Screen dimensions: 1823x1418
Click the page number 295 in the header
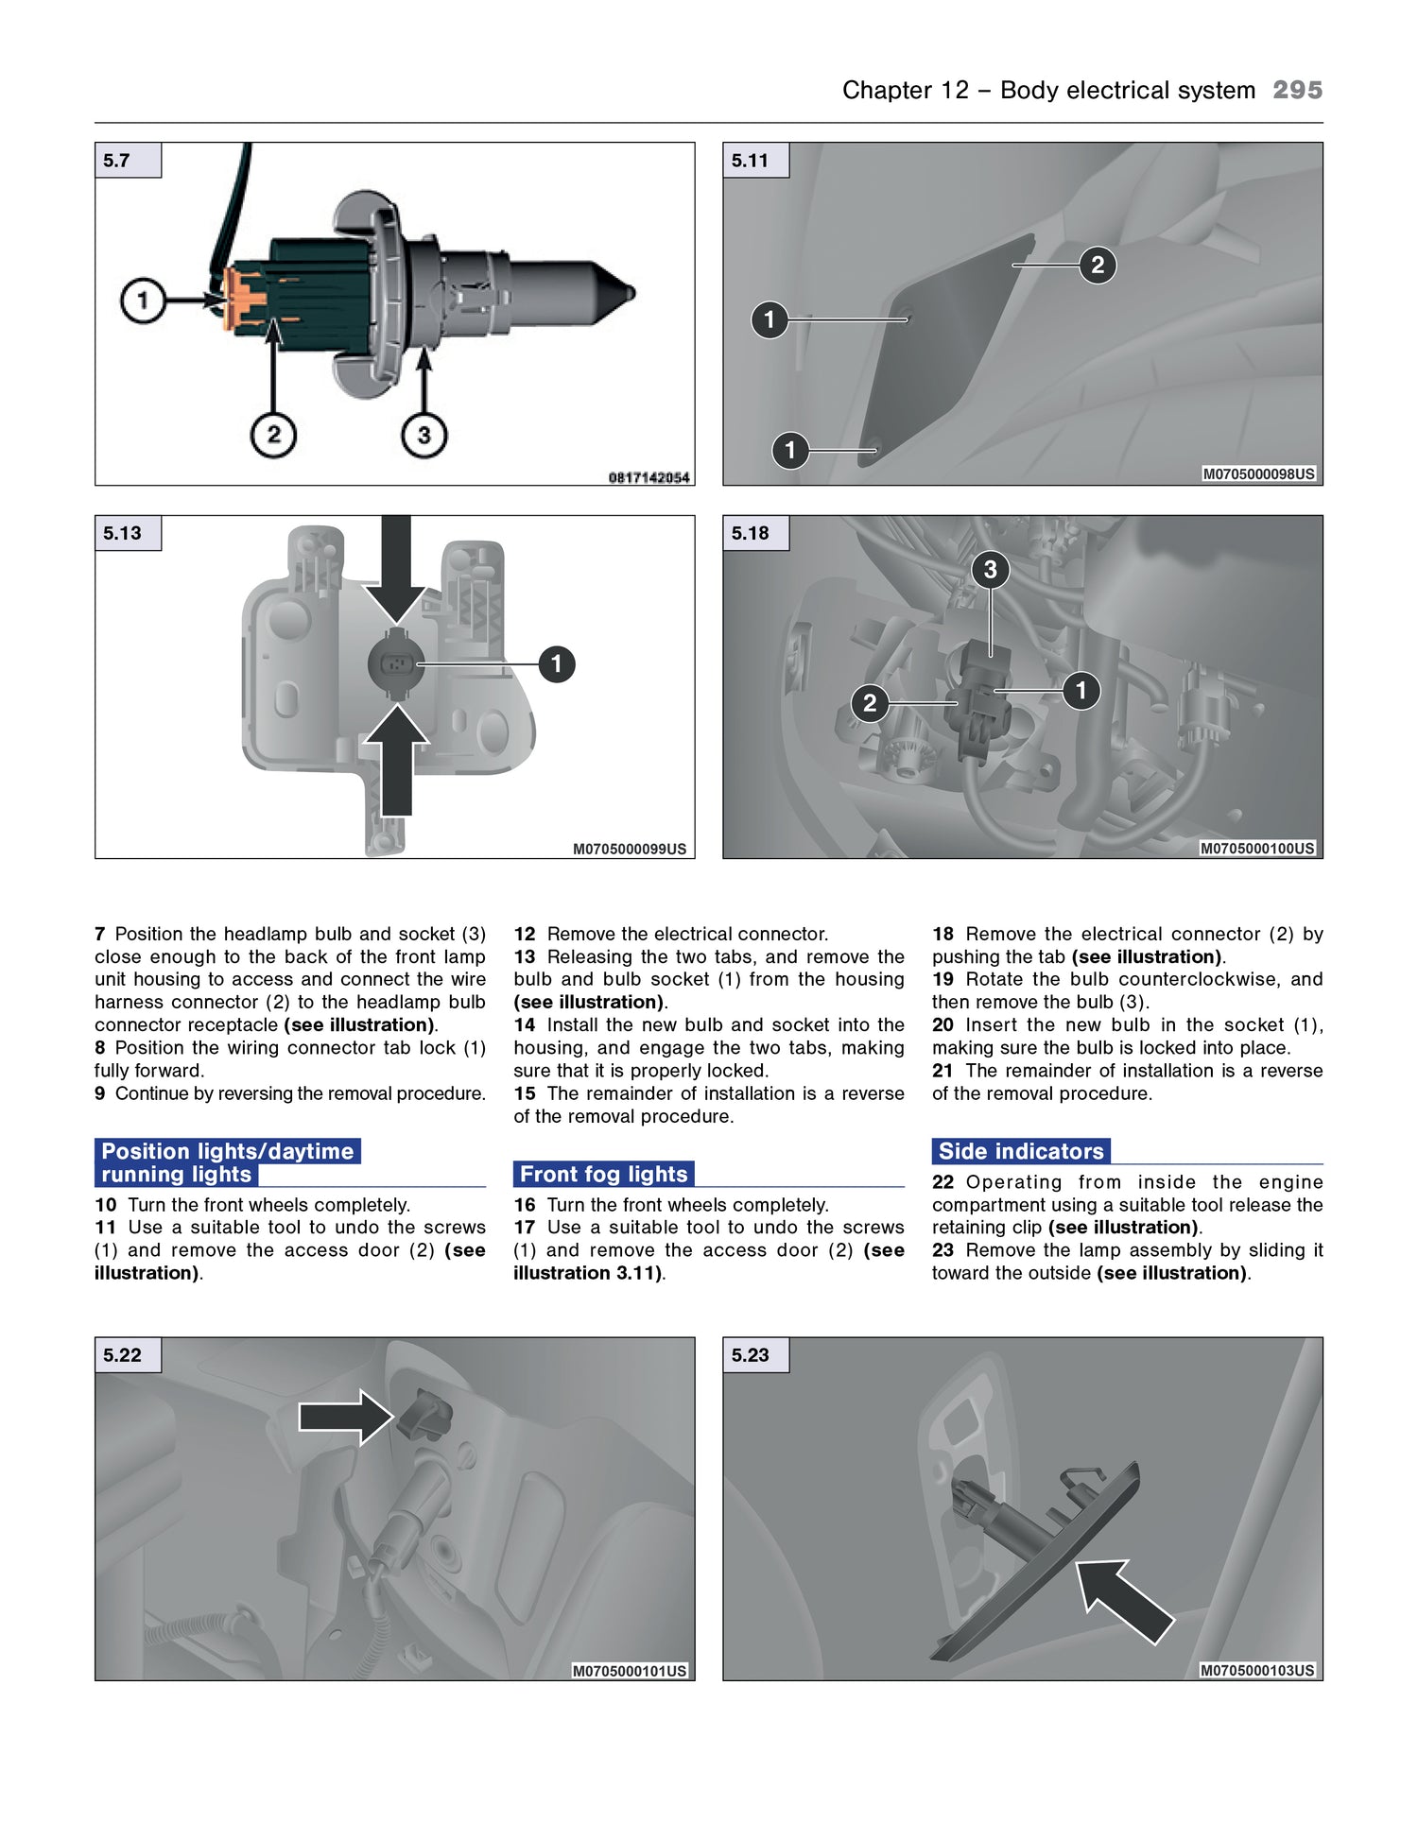(1297, 90)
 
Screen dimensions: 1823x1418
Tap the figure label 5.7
(117, 161)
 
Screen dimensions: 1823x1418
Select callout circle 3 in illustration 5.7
(424, 435)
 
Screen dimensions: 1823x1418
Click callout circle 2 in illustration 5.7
(273, 435)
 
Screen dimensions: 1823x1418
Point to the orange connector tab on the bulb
(241, 300)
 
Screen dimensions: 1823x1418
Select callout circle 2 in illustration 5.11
(1098, 265)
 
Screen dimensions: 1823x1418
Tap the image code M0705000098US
(1257, 473)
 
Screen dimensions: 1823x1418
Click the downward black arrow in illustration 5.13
(396, 572)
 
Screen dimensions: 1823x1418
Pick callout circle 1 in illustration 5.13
(557, 663)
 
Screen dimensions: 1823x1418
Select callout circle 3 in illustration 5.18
(990, 569)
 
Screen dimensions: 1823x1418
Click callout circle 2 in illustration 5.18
(870, 703)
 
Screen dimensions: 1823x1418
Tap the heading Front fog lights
(603, 1174)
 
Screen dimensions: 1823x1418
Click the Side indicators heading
(1021, 1151)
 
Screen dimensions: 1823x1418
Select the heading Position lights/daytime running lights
(227, 1162)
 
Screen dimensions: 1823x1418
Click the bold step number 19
(942, 979)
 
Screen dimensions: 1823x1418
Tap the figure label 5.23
(750, 1355)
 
